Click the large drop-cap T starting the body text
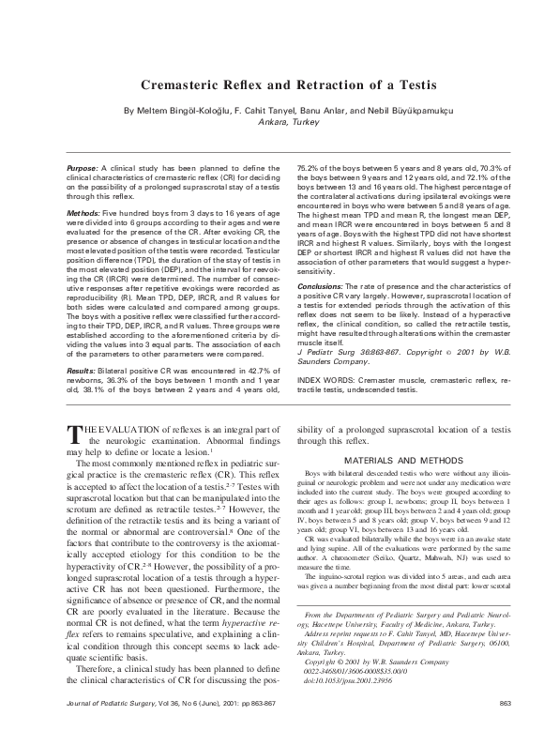pyautogui.click(x=77, y=434)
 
